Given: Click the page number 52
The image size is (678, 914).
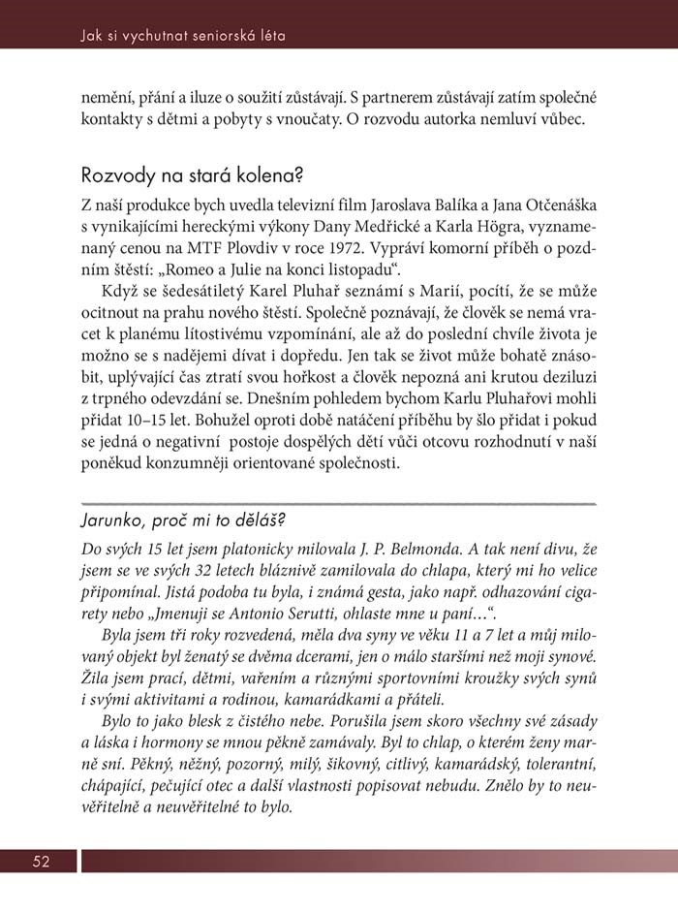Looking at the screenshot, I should [x=41, y=861].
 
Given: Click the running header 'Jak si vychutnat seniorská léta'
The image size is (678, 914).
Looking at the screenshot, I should [x=183, y=37].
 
